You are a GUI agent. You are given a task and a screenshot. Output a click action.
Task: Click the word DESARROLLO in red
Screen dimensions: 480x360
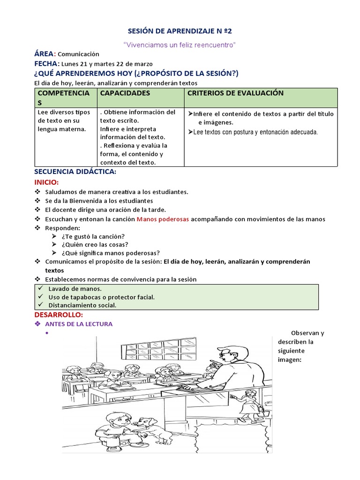click(59, 314)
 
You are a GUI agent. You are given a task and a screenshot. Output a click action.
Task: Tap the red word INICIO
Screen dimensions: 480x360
click(46, 182)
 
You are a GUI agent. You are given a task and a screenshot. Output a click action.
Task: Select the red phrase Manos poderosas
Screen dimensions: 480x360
click(163, 219)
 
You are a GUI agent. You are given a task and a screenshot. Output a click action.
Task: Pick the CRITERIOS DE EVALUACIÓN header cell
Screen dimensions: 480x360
click(235, 93)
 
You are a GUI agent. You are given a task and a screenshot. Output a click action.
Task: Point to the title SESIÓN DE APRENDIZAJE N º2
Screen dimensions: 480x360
click(180, 31)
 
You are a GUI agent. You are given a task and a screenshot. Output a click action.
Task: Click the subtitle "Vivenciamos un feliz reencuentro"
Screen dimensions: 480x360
click(180, 45)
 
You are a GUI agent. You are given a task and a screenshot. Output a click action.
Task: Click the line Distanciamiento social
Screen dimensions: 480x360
click(82, 305)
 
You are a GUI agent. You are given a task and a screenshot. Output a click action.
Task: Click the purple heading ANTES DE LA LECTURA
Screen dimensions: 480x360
click(79, 324)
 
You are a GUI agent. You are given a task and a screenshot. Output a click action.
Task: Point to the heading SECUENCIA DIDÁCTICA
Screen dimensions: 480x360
click(75, 172)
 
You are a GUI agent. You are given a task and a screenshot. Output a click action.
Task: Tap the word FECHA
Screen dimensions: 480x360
click(46, 64)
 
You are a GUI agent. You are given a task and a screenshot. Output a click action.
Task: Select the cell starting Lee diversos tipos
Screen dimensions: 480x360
click(64, 120)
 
